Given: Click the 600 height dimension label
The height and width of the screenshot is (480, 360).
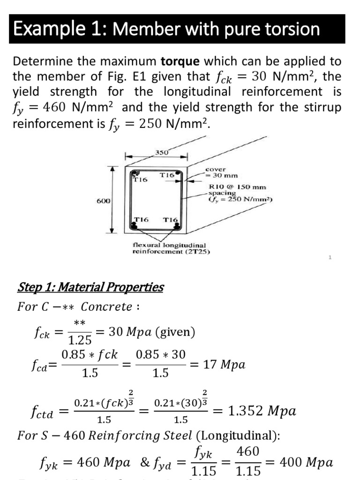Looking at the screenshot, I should [x=103, y=201].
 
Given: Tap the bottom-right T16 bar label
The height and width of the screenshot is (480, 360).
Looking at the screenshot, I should [x=170, y=219].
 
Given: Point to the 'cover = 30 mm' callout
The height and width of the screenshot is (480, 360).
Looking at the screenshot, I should [x=221, y=172].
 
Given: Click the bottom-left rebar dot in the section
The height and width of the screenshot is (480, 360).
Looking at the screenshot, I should [x=134, y=226].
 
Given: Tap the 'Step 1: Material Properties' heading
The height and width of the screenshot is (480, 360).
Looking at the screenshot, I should [x=90, y=287].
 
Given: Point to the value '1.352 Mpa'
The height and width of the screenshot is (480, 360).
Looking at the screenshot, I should [x=262, y=411].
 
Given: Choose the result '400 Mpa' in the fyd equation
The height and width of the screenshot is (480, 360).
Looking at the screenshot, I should [x=307, y=463].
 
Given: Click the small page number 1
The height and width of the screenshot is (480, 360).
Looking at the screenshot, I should [x=330, y=257].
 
